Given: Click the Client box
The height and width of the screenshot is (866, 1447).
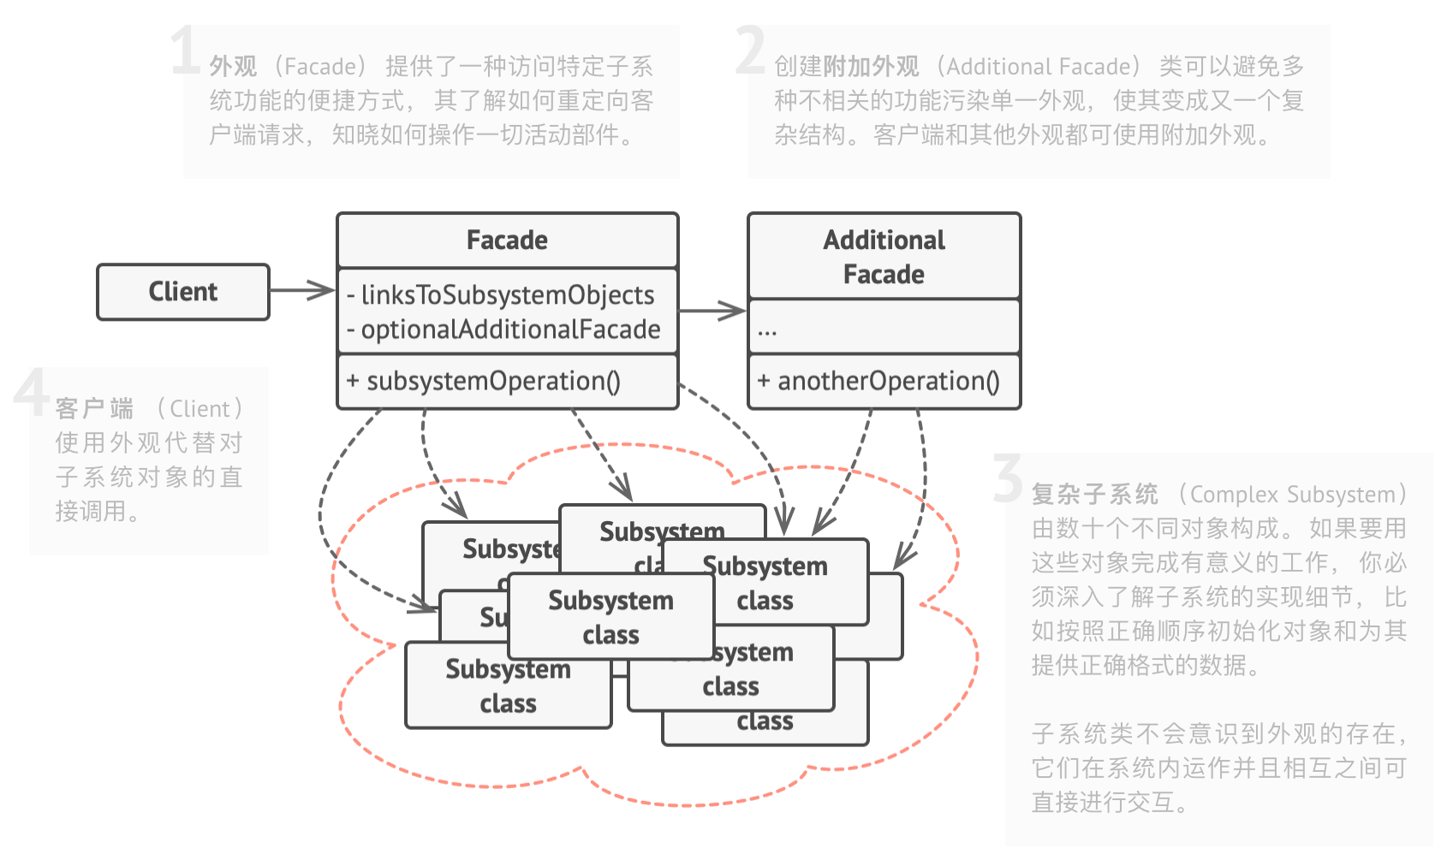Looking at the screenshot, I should [x=183, y=292].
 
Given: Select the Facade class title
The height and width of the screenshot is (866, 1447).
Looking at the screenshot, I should [x=507, y=240].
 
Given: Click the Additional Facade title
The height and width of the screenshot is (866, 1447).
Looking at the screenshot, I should [x=884, y=257].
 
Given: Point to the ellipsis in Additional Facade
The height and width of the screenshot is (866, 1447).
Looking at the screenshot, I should [x=767, y=330].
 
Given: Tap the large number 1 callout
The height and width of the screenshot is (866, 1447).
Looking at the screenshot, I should [x=185, y=51].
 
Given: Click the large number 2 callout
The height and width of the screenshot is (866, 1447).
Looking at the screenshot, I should [x=750, y=51].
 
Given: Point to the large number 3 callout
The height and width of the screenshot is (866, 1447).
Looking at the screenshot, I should [x=1008, y=479].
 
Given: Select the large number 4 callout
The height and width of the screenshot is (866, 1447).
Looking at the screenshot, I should [x=31, y=393].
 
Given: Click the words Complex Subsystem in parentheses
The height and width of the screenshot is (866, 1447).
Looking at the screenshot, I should [x=1292, y=495].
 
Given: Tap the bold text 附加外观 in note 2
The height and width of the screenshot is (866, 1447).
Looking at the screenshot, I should [x=871, y=67].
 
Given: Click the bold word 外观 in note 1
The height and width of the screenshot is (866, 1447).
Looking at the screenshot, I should [x=233, y=67].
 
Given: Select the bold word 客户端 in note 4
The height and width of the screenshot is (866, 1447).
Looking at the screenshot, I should [x=94, y=409].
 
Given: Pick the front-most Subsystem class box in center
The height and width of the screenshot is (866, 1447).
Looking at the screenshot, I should [x=610, y=617].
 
